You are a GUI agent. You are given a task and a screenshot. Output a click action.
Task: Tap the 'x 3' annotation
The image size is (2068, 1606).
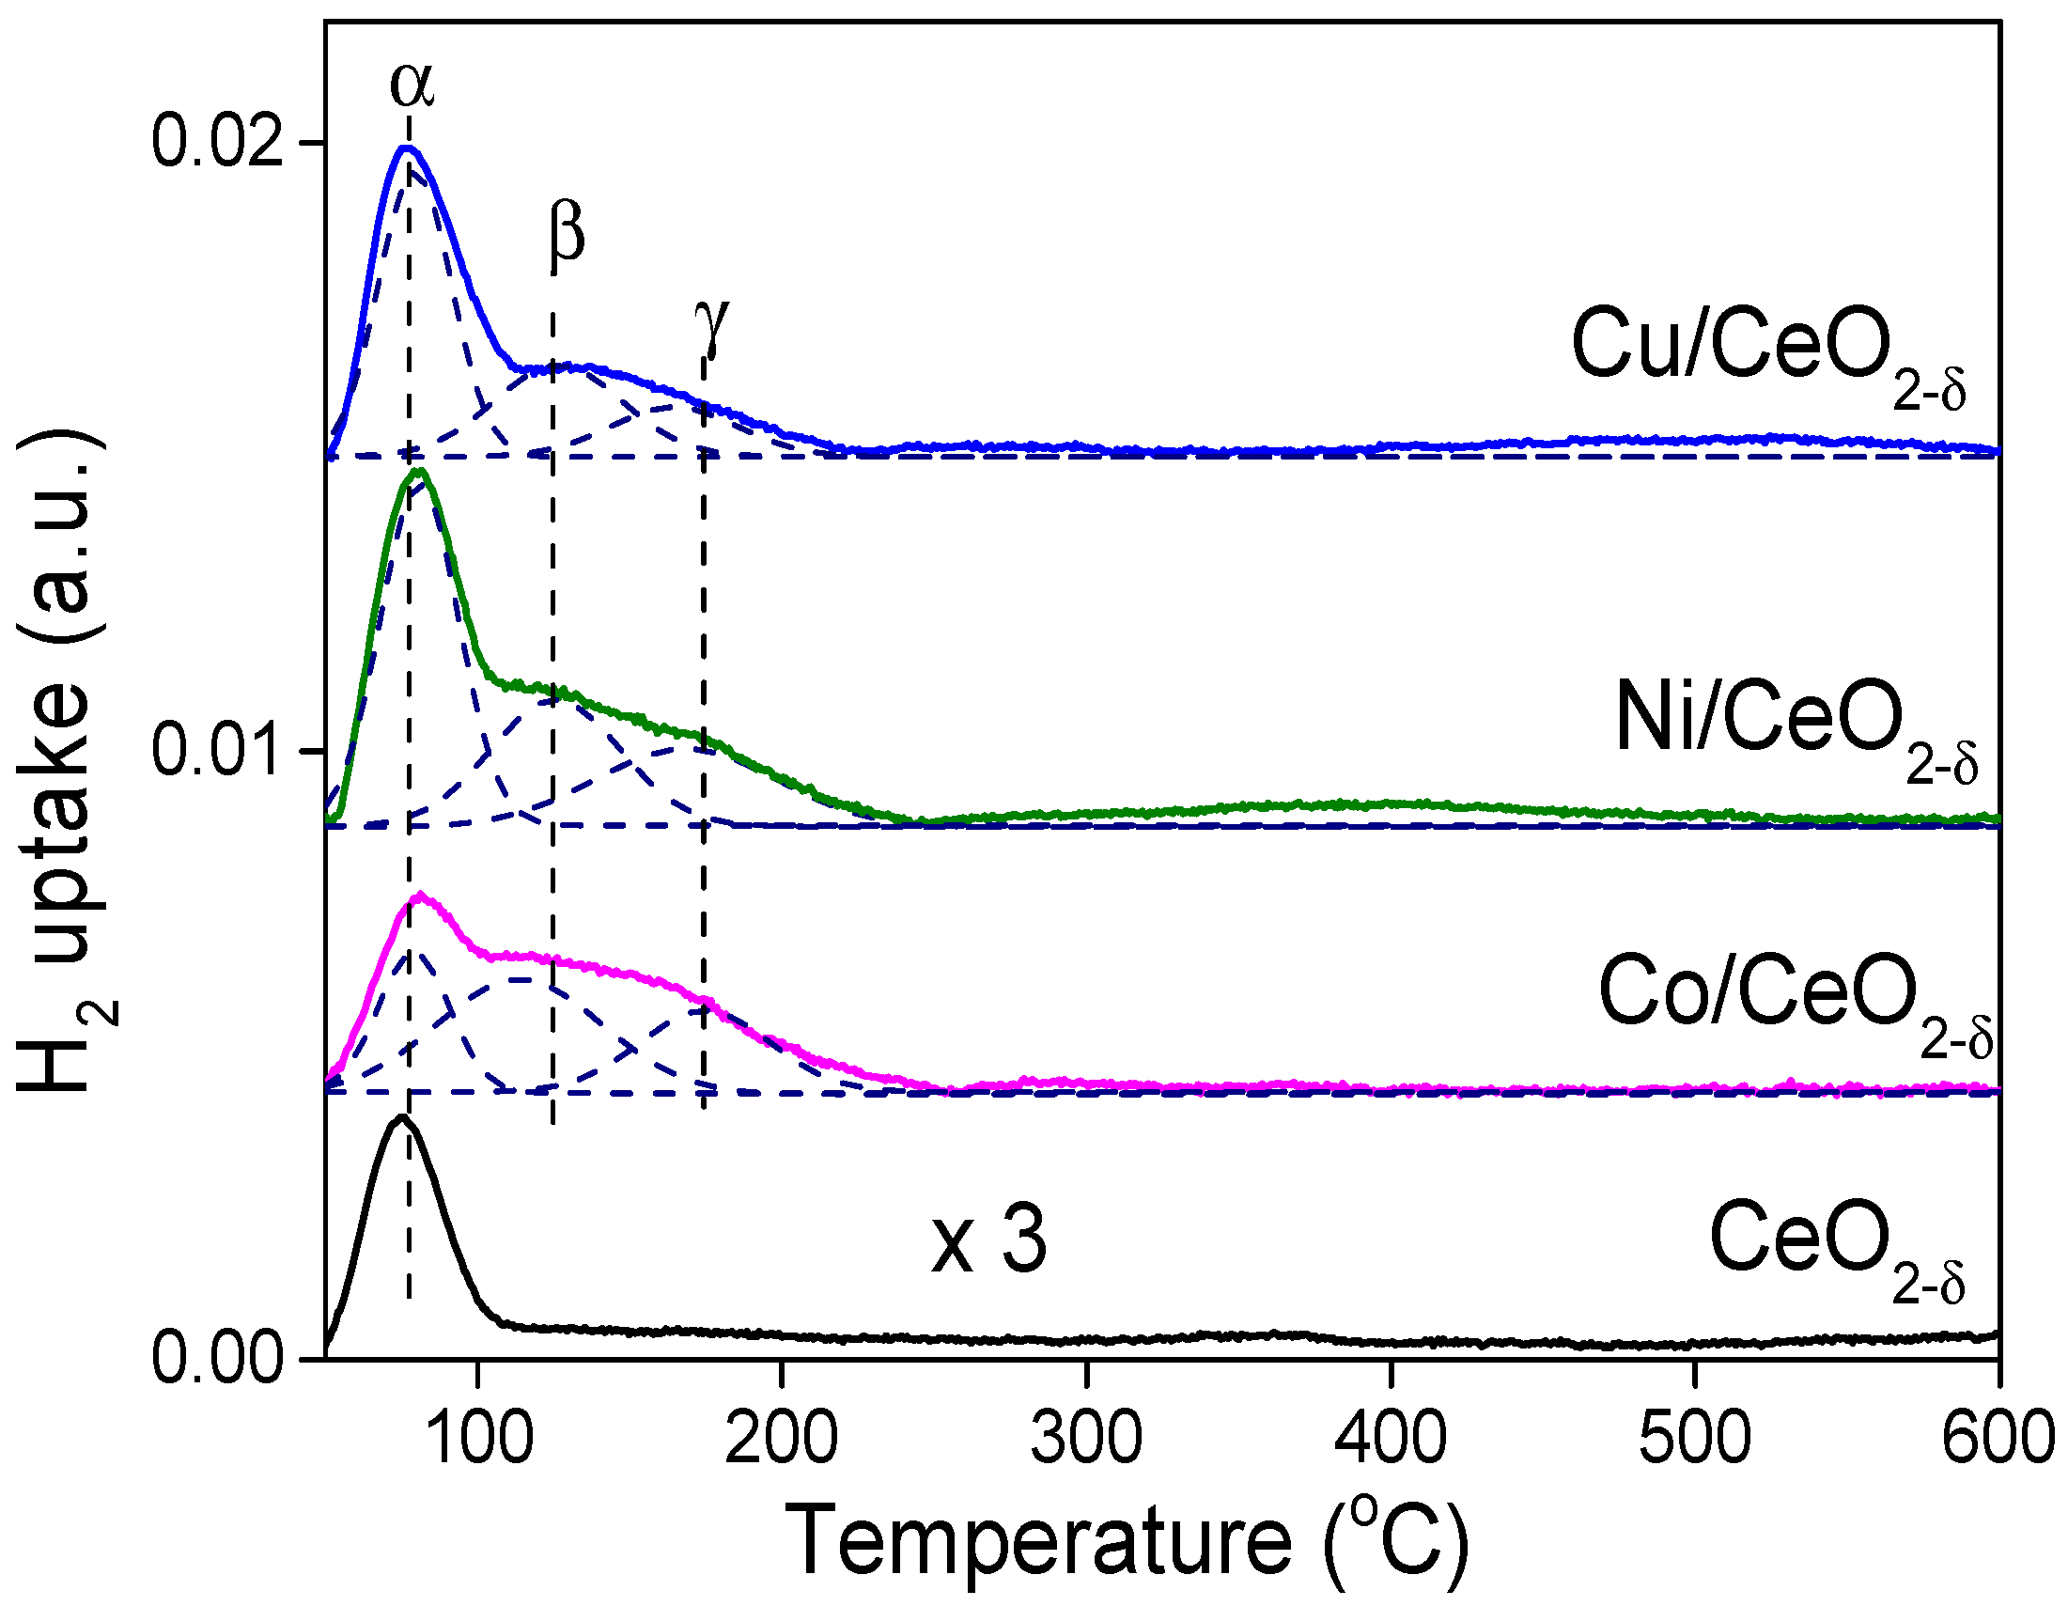click(988, 1242)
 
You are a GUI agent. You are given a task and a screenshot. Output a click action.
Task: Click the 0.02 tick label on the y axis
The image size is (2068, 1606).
click(218, 143)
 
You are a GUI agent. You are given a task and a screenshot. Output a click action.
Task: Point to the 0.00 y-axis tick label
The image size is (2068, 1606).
click(218, 1360)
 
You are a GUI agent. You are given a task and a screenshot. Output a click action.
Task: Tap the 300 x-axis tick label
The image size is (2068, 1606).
click(1086, 1438)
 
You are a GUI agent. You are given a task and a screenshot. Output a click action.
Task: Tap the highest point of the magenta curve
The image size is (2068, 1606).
click(421, 894)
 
